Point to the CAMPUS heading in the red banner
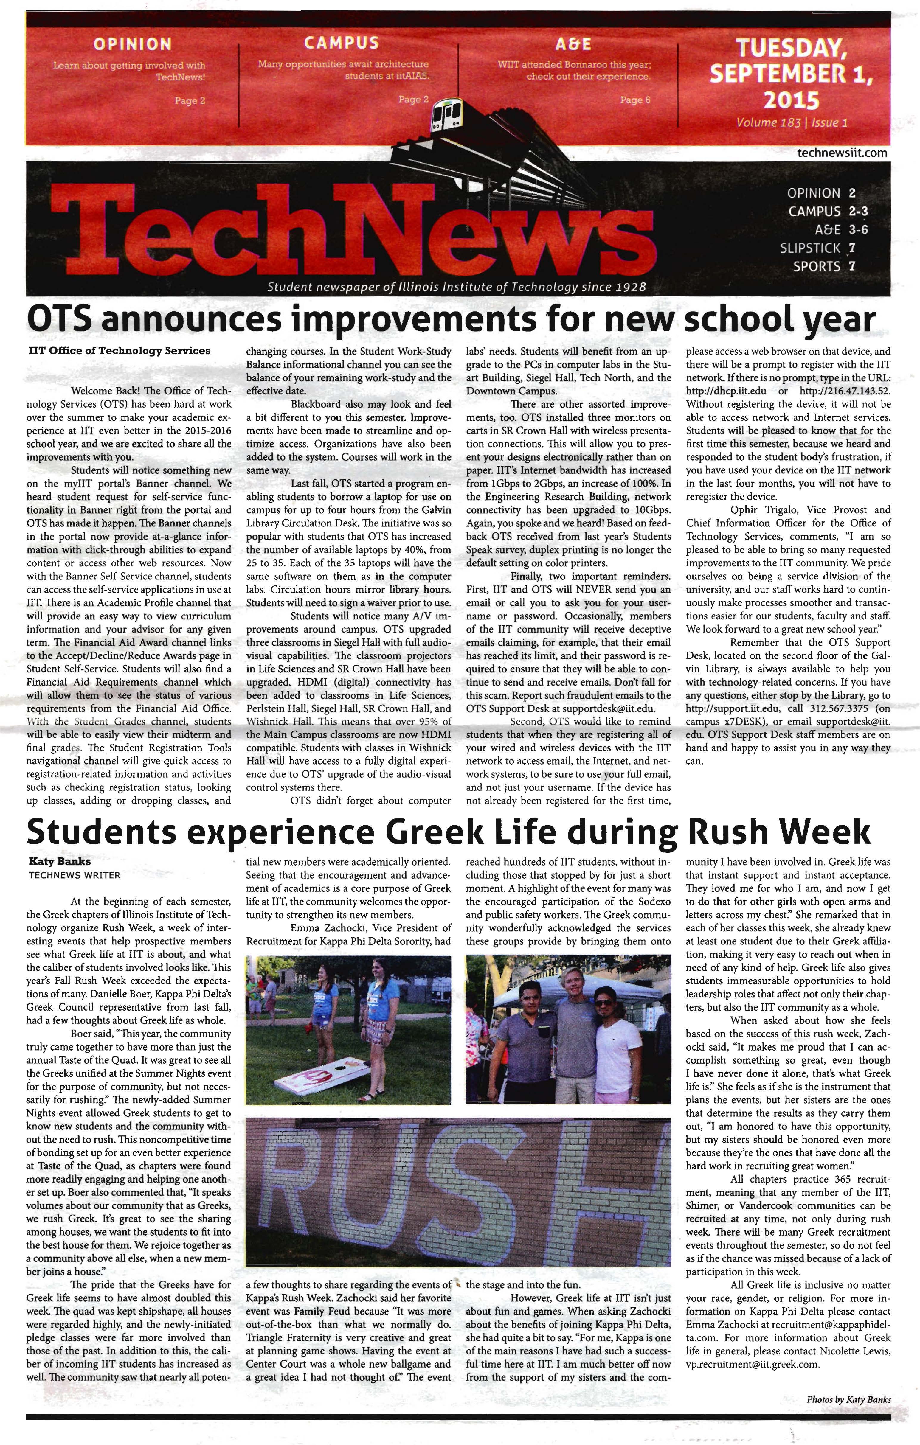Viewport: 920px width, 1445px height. click(x=342, y=43)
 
